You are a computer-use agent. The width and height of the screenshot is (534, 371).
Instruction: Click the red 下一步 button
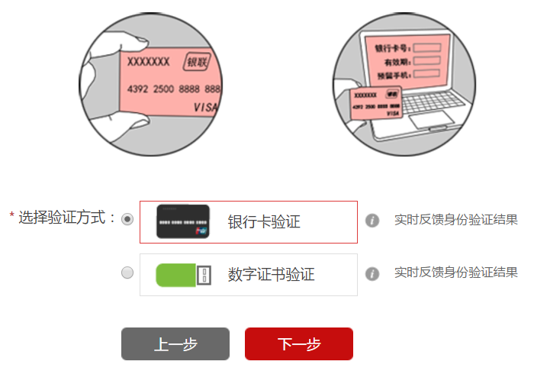pyautogui.click(x=298, y=344)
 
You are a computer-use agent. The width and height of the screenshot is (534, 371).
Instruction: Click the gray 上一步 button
pyautogui.click(x=175, y=344)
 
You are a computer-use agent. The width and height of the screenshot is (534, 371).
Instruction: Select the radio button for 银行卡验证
pyautogui.click(x=127, y=219)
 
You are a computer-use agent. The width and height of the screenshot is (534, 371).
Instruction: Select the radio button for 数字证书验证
pyautogui.click(x=127, y=273)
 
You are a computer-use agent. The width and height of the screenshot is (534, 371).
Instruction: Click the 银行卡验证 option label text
pyautogui.click(x=264, y=222)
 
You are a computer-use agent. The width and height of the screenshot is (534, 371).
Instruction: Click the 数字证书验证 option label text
pyautogui.click(x=271, y=275)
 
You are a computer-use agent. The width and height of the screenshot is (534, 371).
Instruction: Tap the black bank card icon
pyautogui.click(x=183, y=222)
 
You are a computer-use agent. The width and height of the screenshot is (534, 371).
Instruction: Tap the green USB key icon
pyautogui.click(x=183, y=275)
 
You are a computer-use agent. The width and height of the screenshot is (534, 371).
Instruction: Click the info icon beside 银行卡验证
pyautogui.click(x=372, y=221)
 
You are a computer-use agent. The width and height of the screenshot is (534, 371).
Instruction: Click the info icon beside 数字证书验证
pyautogui.click(x=372, y=273)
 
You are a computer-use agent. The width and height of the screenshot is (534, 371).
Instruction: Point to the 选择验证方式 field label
pyautogui.click(x=67, y=218)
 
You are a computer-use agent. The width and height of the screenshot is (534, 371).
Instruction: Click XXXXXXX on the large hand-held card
pyautogui.click(x=148, y=62)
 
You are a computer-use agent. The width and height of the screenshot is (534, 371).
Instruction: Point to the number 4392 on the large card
pyautogui.click(x=138, y=89)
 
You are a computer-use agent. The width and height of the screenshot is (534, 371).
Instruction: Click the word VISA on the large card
pyautogui.click(x=205, y=108)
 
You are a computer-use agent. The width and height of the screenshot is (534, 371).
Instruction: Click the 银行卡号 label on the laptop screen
pyautogui.click(x=392, y=48)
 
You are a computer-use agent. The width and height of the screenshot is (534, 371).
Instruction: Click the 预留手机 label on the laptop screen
pyautogui.click(x=392, y=75)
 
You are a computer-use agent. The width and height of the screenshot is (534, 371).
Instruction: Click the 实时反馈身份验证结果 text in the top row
pyautogui.click(x=455, y=221)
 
